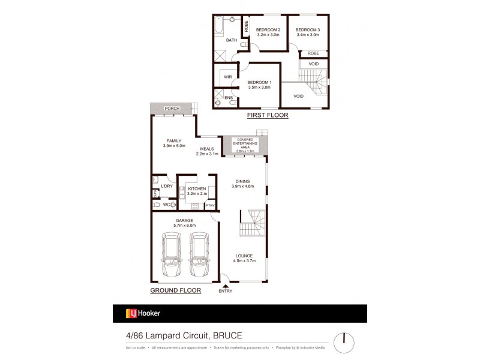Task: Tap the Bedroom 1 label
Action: click(259, 82)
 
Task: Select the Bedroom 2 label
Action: click(268, 30)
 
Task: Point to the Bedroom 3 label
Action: click(308, 30)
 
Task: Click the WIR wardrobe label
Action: click(227, 77)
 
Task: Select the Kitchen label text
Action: click(197, 189)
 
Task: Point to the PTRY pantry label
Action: click(209, 206)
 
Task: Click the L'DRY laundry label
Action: click(167, 187)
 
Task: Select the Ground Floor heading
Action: click(175, 290)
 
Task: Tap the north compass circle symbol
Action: click(344, 341)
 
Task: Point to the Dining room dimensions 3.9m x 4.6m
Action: click(244, 187)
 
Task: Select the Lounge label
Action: click(244, 256)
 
